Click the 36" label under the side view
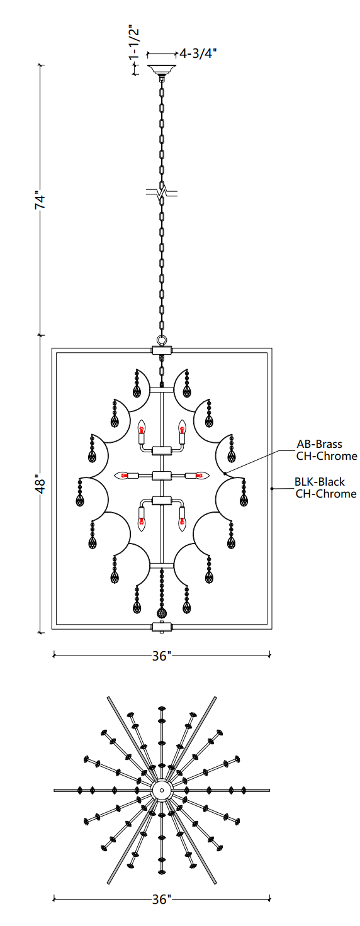161,655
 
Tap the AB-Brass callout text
320,444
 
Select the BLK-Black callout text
320,482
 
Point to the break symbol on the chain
162,192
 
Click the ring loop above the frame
162,340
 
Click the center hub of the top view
162,790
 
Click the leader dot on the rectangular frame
271,489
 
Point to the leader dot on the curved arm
225,473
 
